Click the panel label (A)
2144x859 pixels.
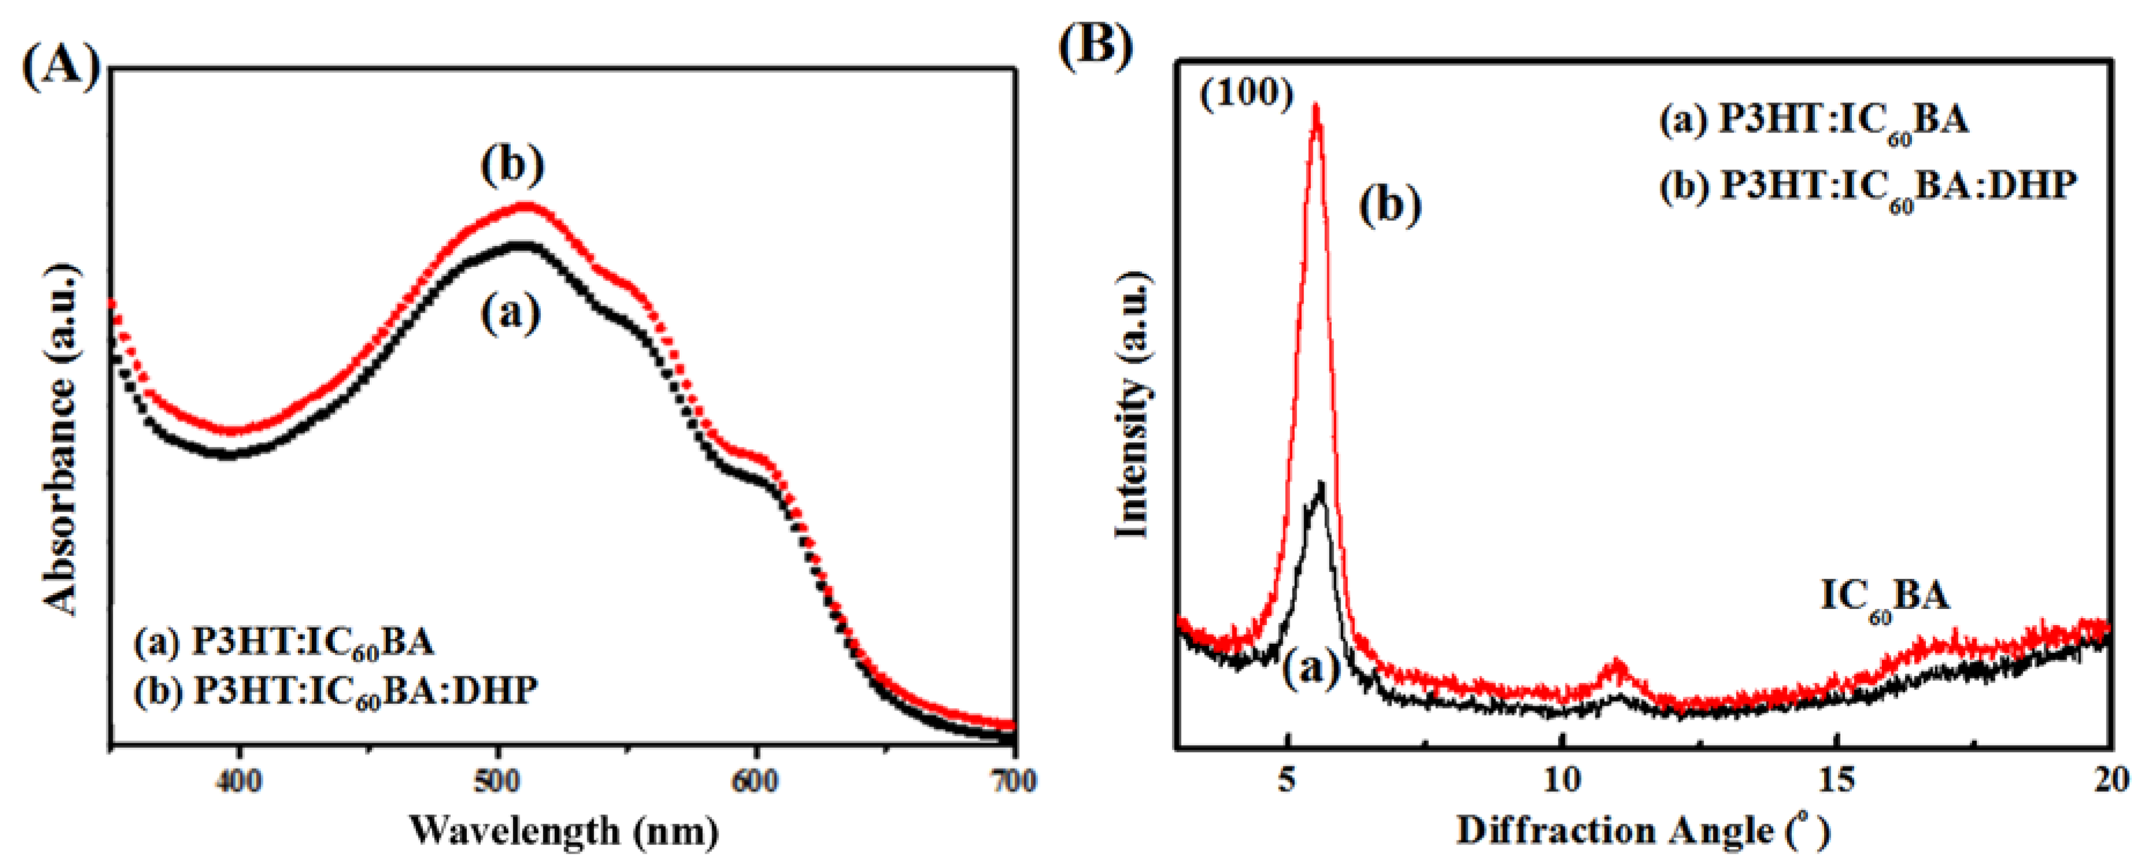tap(60, 65)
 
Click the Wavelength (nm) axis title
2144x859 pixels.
tap(563, 830)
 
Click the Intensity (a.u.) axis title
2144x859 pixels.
tap(1132, 408)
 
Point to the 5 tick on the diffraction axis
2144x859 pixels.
tap(1288, 781)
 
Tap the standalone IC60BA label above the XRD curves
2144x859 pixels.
tap(1884, 597)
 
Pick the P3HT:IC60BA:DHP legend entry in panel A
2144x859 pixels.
tap(336, 691)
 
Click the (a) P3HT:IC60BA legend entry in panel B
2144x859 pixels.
tap(1814, 122)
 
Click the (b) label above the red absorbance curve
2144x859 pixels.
tap(512, 165)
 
